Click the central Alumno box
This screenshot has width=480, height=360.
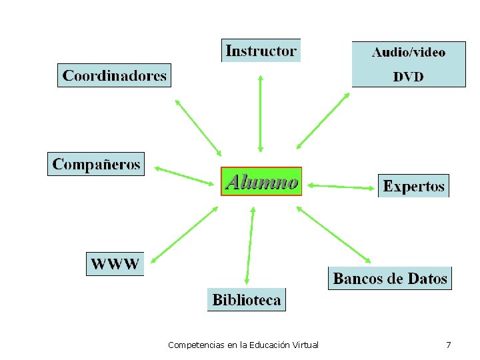[261, 181]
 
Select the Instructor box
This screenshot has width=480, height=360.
[261, 51]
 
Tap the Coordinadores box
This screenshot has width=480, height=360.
[114, 75]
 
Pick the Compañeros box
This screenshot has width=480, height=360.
[96, 164]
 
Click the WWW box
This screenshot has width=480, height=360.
[115, 263]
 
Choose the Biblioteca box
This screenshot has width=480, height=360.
[246, 300]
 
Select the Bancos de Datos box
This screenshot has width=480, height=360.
[390, 278]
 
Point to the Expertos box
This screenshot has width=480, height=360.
[413, 186]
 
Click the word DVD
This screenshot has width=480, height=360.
[408, 77]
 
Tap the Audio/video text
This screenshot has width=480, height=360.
[408, 51]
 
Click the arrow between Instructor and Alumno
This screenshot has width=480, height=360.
[261, 113]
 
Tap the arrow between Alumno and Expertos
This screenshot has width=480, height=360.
[341, 186]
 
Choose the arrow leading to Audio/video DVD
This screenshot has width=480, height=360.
[323, 120]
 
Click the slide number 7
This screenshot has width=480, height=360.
[448, 345]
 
